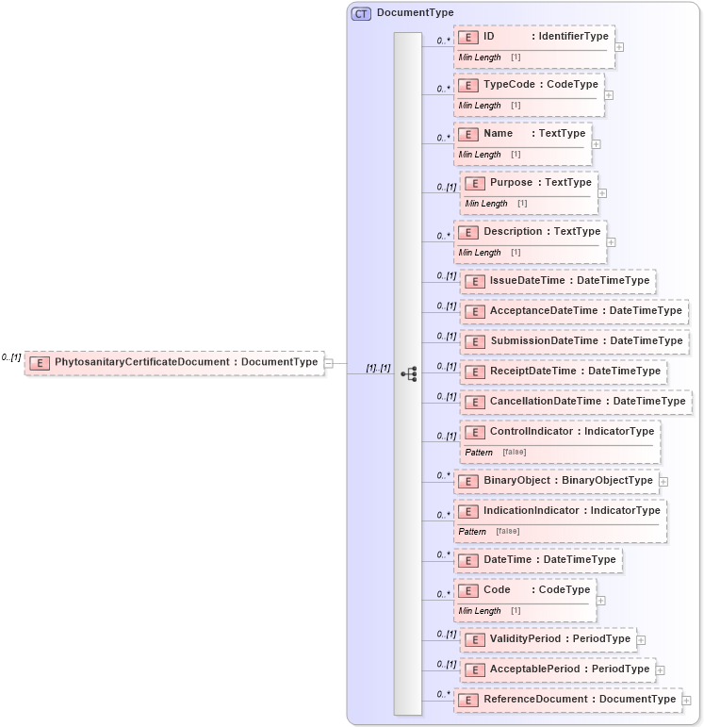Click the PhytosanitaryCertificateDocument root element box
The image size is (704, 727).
(x=174, y=362)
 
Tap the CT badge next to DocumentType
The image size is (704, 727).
(x=361, y=13)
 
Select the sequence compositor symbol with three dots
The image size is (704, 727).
(x=409, y=373)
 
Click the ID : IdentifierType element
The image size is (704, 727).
(x=534, y=37)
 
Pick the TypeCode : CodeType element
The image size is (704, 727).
(x=529, y=85)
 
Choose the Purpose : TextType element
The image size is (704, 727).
(x=529, y=182)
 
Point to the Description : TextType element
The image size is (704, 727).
(x=530, y=231)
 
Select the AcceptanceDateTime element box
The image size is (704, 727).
(x=574, y=311)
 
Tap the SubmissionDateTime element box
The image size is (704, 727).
(x=574, y=341)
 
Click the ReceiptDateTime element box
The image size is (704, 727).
(x=564, y=372)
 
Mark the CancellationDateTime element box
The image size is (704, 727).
(x=576, y=402)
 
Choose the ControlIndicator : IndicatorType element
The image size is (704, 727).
(x=560, y=432)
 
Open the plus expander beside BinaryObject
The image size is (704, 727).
(x=663, y=481)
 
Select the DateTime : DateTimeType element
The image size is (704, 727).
(x=538, y=560)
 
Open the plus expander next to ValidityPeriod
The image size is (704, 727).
(x=641, y=639)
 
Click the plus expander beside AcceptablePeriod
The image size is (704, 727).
(x=660, y=669)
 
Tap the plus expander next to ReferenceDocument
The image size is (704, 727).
(x=686, y=700)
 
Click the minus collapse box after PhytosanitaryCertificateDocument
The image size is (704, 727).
(x=329, y=362)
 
